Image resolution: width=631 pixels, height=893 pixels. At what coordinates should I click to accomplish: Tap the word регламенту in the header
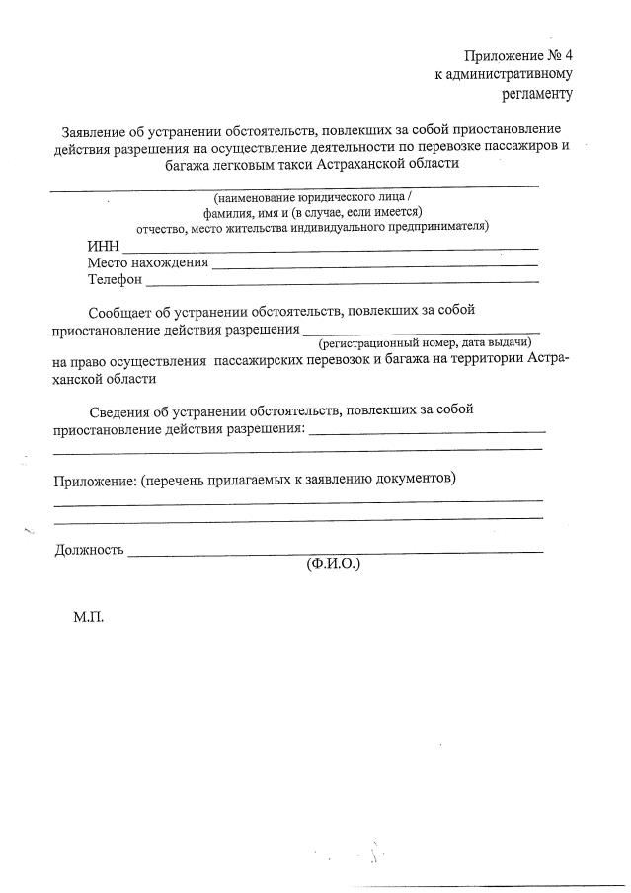(537, 94)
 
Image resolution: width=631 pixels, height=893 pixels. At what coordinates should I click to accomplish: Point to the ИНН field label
(103, 246)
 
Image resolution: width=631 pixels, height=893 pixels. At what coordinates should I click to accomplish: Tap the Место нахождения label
(148, 262)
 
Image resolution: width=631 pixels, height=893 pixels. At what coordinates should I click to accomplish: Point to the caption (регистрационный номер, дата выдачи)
(425, 342)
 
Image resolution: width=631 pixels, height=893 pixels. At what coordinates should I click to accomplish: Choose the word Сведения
(123, 410)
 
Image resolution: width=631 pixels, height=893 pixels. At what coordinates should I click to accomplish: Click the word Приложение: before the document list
(95, 480)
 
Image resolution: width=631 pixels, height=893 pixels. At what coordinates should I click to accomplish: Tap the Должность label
(89, 550)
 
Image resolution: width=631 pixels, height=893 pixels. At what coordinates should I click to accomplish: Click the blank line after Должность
(336, 552)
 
